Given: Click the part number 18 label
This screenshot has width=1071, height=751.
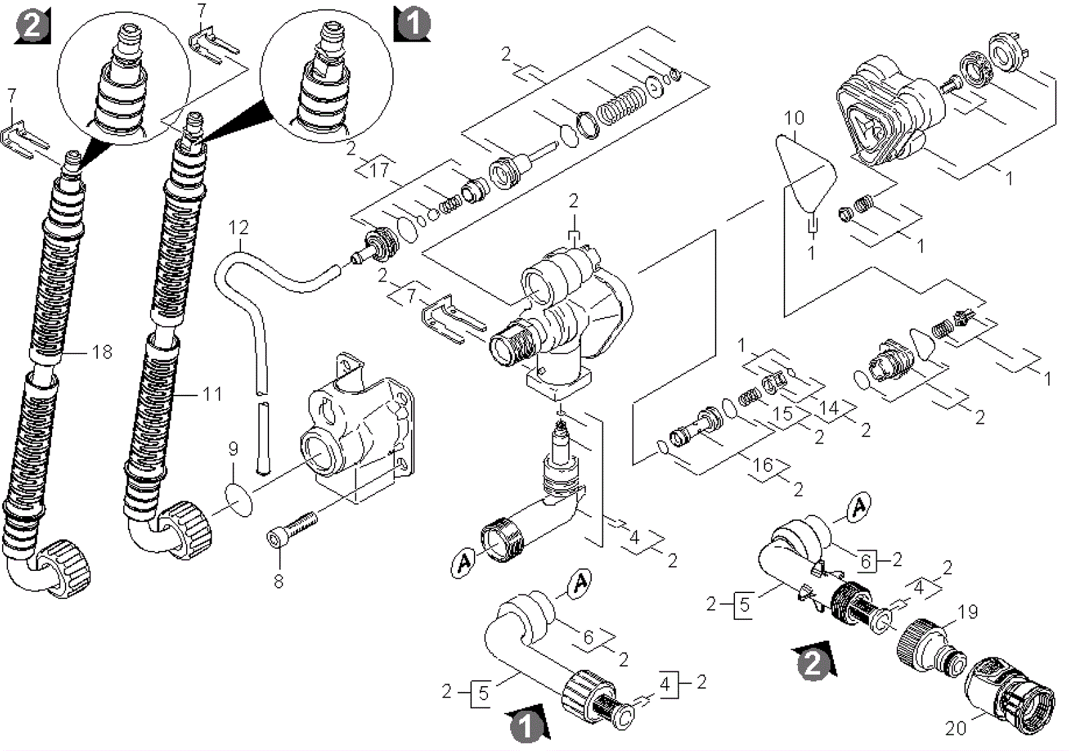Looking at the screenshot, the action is (x=102, y=352).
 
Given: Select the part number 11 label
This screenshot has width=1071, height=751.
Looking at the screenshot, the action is (x=212, y=395).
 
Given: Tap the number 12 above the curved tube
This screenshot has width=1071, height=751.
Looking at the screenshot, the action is (x=238, y=228).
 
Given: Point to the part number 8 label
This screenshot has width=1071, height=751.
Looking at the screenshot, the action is (x=278, y=581).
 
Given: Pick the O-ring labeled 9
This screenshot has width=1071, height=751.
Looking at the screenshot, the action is (x=238, y=500).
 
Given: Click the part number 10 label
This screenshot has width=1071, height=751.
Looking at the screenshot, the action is (x=794, y=118).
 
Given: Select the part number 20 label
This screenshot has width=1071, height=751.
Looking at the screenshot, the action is (x=955, y=728).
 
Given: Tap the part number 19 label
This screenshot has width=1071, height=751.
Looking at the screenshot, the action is (x=968, y=611).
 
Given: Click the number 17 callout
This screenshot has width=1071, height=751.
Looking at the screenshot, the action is (x=380, y=170).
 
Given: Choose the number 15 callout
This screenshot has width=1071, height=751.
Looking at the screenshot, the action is (x=783, y=414).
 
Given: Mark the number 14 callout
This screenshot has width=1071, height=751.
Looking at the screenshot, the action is (x=829, y=408).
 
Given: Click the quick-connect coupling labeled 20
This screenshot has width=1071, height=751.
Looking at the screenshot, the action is (x=1009, y=695).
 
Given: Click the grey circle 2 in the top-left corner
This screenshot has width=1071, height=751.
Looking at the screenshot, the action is (x=32, y=26).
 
